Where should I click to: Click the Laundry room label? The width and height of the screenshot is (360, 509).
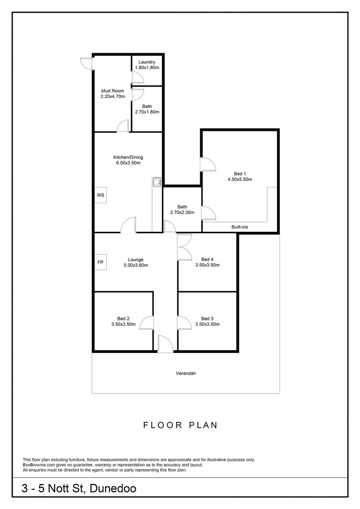click(x=147, y=62)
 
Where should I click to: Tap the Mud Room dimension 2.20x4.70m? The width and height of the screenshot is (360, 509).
click(x=113, y=97)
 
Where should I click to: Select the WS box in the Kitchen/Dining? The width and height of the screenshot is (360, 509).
click(x=100, y=195)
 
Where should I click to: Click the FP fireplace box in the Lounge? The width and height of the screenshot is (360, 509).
click(x=100, y=262)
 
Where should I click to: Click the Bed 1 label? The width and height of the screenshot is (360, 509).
click(x=240, y=173)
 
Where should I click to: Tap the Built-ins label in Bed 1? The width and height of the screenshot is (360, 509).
click(x=240, y=227)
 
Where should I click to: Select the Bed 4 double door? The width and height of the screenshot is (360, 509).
click(x=184, y=247)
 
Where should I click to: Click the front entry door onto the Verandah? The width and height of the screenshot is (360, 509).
click(x=165, y=344)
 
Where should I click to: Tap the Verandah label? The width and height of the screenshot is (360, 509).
click(x=186, y=373)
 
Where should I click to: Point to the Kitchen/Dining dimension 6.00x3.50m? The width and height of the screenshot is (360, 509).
click(x=128, y=163)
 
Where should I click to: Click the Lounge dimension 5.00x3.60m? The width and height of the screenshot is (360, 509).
click(x=135, y=265)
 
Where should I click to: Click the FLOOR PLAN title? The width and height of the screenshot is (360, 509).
click(x=180, y=425)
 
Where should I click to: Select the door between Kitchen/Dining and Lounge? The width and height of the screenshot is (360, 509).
click(x=129, y=225)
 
